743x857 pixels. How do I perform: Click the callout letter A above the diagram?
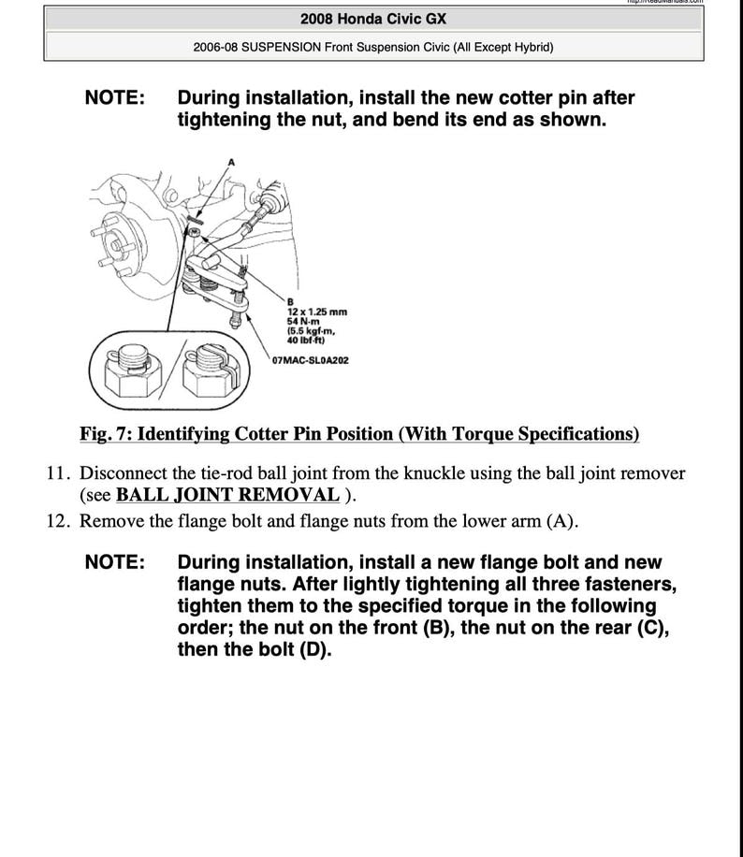[231, 162]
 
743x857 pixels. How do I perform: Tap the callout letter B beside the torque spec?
[290, 301]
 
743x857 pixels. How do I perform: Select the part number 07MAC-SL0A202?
[311, 360]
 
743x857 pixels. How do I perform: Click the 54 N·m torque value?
[303, 320]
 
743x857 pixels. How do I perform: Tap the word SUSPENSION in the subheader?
[282, 45]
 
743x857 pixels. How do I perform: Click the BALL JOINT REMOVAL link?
[227, 495]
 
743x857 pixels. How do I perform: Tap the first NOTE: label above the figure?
[115, 98]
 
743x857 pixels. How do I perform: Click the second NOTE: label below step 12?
[115, 563]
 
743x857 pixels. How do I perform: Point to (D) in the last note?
[314, 649]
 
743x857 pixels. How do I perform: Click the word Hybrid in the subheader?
[528, 45]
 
